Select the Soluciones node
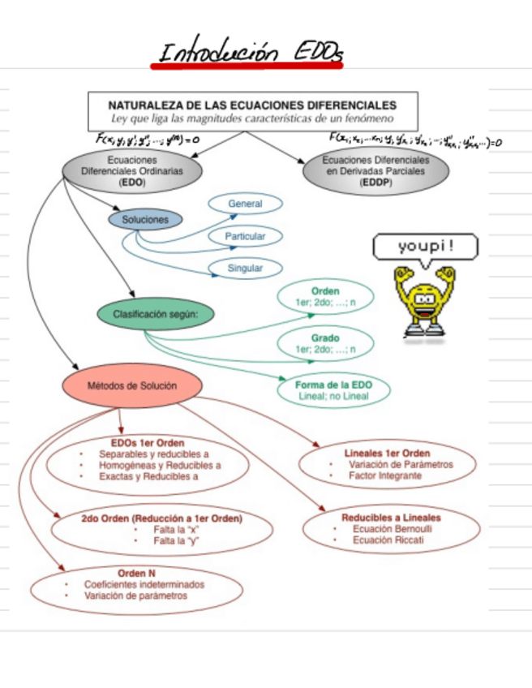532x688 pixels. [x=145, y=220]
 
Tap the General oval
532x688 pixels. [x=245, y=204]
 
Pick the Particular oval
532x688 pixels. [x=245, y=236]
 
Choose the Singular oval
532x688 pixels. [x=245, y=268]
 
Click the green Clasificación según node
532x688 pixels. [x=157, y=313]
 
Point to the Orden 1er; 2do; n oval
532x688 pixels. [x=325, y=298]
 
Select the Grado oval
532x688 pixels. [x=325, y=343]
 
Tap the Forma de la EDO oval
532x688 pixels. [x=334, y=389]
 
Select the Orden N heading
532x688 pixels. [x=136, y=573]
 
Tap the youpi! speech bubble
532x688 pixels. [x=425, y=246]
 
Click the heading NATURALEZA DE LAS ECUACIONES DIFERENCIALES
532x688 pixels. [x=252, y=105]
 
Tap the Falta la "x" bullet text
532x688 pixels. [x=177, y=529]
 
